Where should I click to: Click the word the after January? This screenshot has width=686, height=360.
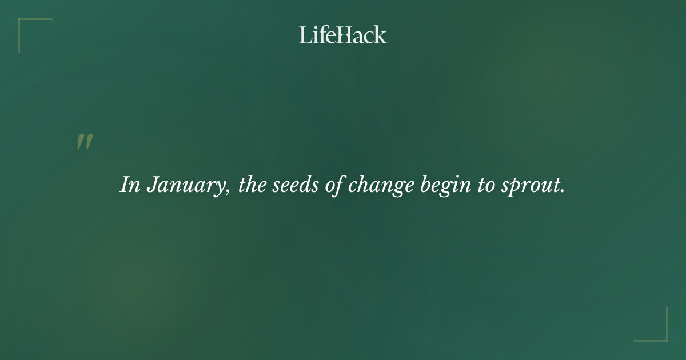click(251, 185)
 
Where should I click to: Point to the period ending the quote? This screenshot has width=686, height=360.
click(563, 191)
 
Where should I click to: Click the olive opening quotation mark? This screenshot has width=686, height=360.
click(85, 142)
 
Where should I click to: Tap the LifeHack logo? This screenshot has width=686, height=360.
click(343, 35)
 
